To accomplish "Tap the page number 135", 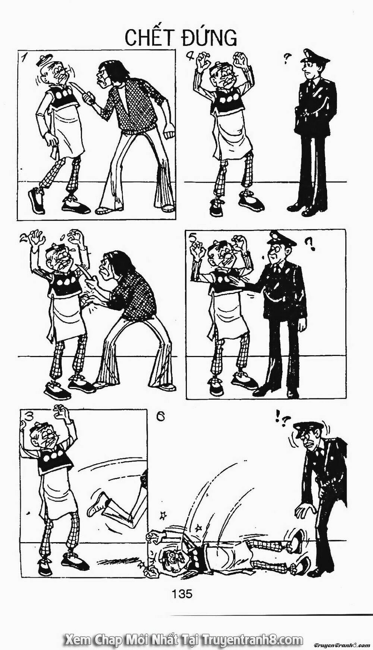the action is [182, 593].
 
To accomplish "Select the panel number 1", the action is [25, 57].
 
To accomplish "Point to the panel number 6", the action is [160, 416].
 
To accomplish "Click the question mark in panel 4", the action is [287, 57].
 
